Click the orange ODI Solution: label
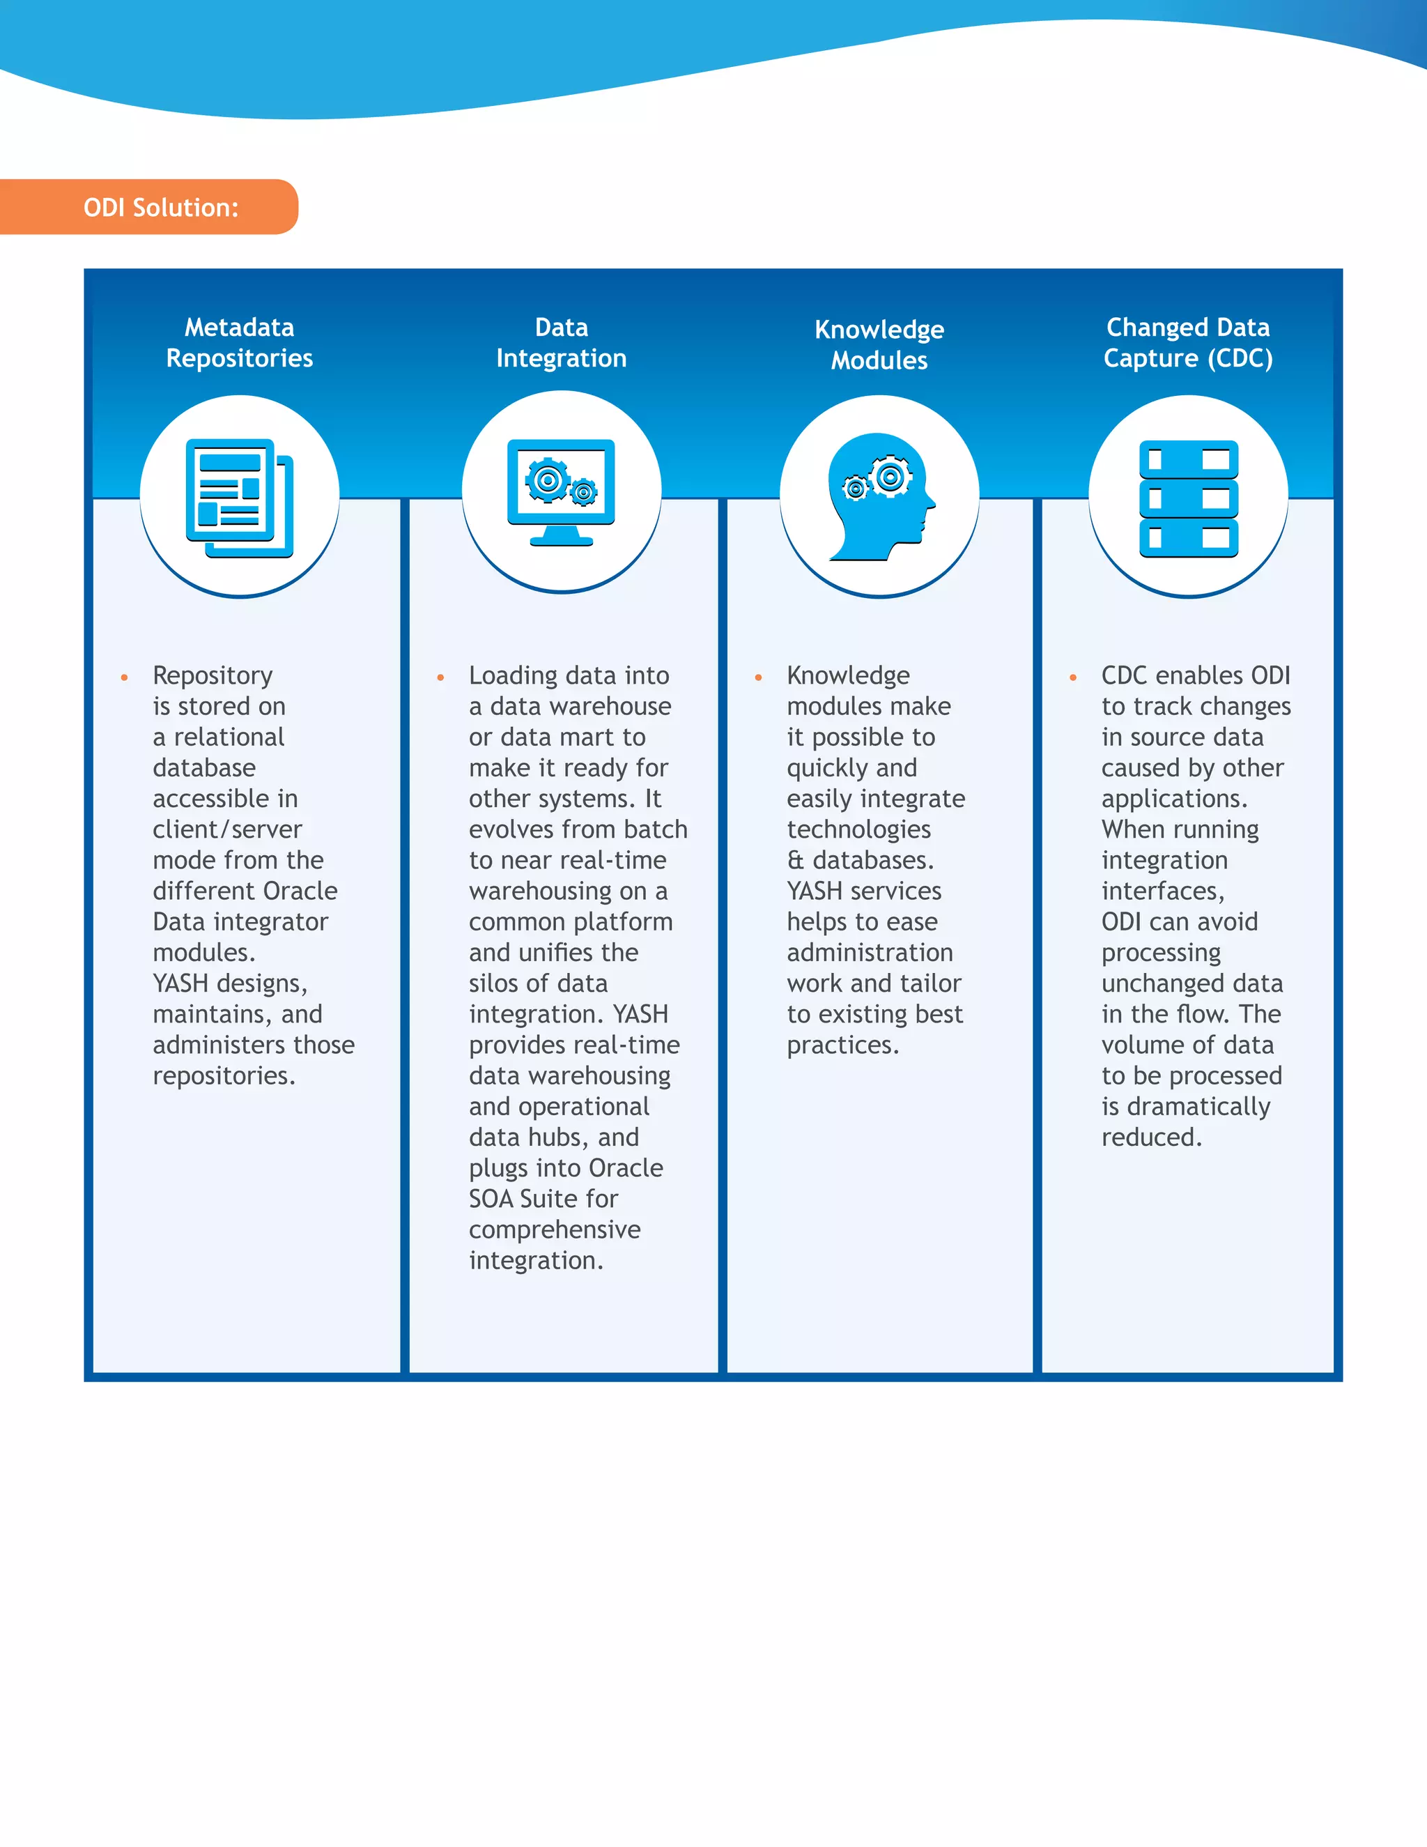click(x=161, y=207)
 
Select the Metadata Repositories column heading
click(x=239, y=342)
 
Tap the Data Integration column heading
click(x=562, y=342)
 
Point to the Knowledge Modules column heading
click(x=879, y=345)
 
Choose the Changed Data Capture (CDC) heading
click(x=1188, y=342)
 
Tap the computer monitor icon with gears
click(x=562, y=492)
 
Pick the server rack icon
click(x=1189, y=499)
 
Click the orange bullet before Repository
click(x=124, y=677)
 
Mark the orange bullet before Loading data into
click(x=440, y=677)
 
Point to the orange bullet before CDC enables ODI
click(x=1073, y=677)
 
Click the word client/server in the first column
click(x=226, y=829)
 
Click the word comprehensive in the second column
click(x=555, y=1229)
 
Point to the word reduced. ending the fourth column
click(x=1151, y=1137)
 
